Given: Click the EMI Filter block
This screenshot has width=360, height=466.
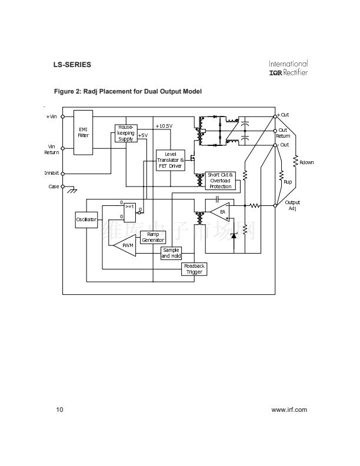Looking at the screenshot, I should click(83, 132).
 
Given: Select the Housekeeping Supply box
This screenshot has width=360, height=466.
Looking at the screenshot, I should click(125, 133).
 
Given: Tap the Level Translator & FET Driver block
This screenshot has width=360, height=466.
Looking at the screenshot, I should click(170, 161).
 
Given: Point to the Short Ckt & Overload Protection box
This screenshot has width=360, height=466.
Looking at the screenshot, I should click(221, 181).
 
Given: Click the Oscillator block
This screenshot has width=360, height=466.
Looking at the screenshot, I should click(86, 219).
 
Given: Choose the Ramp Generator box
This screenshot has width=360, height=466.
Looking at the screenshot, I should click(152, 237).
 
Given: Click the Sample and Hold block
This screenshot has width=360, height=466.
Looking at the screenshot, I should click(171, 253).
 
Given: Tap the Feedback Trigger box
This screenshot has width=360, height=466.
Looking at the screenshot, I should click(194, 269).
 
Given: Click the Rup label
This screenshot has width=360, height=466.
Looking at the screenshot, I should click(288, 182).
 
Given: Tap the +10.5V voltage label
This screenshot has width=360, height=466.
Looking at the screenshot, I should click(164, 126).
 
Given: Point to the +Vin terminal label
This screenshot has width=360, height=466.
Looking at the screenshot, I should click(51, 116).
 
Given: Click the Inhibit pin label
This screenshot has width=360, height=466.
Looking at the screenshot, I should click(51, 173).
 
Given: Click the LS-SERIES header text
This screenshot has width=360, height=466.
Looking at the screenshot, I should click(72, 64).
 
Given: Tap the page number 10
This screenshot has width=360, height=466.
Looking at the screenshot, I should click(59, 410).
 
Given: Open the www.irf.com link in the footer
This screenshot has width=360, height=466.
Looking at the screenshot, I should click(289, 410).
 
